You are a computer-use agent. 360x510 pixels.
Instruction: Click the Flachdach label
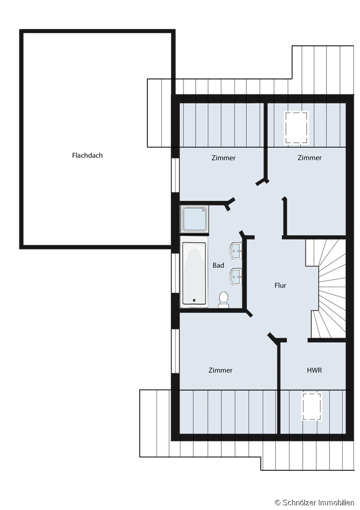tap(87, 156)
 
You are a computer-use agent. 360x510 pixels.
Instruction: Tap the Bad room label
tap(218, 265)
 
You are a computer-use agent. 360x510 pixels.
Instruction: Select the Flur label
tap(280, 285)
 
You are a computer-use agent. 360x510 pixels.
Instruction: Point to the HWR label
tap(314, 370)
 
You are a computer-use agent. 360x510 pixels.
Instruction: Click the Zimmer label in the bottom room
tap(220, 370)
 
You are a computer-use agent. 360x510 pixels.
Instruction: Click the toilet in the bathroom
tap(223, 299)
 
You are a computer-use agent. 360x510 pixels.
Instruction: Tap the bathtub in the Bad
tap(194, 272)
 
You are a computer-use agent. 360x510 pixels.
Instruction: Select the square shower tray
tap(194, 219)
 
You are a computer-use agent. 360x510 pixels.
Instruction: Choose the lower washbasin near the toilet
tap(236, 276)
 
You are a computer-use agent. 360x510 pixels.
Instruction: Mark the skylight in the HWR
tap(312, 406)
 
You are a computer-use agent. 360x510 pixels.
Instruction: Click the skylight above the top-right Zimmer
tap(296, 127)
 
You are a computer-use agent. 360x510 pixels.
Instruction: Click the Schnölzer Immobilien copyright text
tap(314, 503)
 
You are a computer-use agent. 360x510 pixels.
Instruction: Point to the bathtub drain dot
tap(194, 300)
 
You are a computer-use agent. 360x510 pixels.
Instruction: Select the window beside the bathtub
tap(175, 273)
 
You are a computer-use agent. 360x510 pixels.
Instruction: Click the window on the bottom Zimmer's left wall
tap(175, 351)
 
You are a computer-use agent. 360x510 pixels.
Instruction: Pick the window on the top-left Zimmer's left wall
tap(175, 175)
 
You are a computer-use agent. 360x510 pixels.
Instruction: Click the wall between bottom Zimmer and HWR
tap(279, 387)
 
